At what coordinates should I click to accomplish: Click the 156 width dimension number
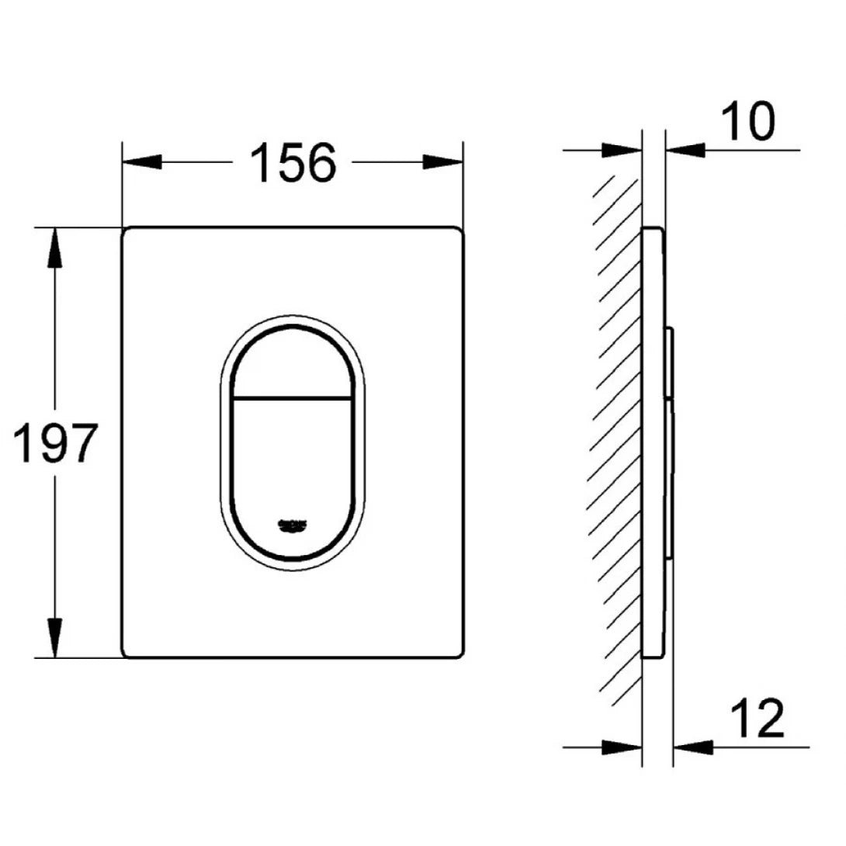point(293,163)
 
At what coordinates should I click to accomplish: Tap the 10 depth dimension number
point(747,122)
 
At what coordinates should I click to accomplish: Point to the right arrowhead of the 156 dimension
point(444,162)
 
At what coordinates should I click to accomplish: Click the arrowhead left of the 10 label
point(685,150)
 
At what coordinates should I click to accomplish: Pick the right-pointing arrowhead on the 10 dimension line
point(622,150)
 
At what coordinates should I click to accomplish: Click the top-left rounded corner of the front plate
point(127,232)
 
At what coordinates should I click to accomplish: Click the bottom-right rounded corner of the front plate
point(459,653)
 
